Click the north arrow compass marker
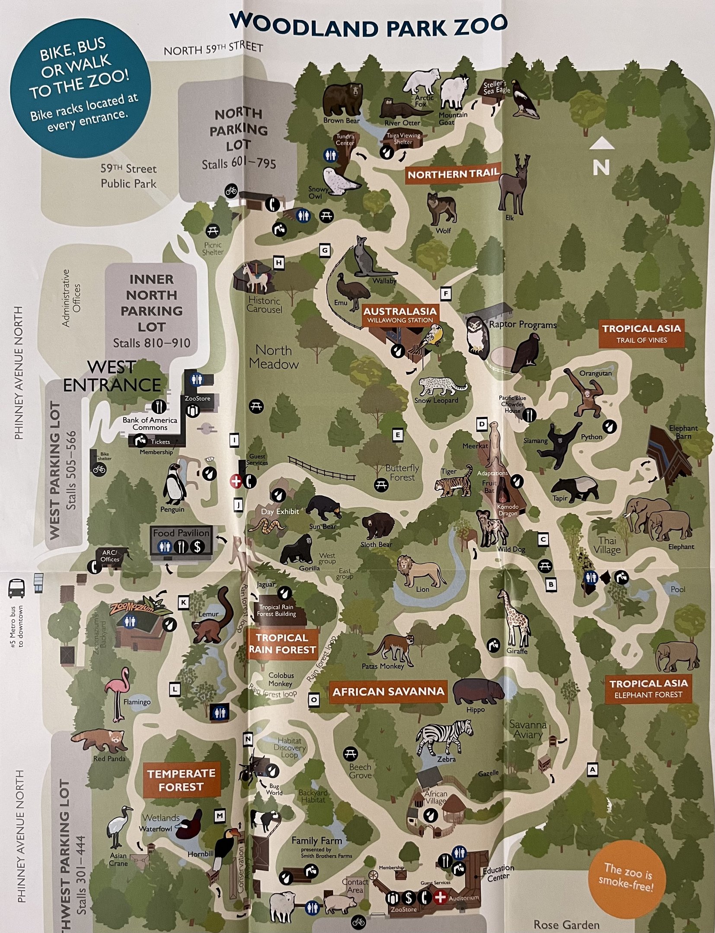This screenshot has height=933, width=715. (601, 158)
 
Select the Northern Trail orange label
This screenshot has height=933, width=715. (453, 174)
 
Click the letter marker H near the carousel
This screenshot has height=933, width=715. (279, 263)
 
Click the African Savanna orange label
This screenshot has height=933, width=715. (388, 692)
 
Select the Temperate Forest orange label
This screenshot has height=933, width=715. (182, 780)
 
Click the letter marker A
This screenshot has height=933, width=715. (592, 769)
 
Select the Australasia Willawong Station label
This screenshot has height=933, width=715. (400, 315)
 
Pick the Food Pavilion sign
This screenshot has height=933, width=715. (181, 540)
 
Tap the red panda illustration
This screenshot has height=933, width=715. (100, 740)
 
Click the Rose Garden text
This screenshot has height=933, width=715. (566, 924)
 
